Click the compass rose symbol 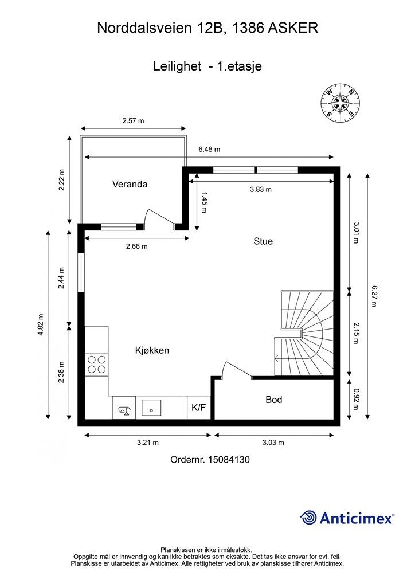point(340,102)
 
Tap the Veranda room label point(130,184)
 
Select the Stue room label point(263,241)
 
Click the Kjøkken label point(152,350)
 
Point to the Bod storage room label point(273,400)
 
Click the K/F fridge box point(199,408)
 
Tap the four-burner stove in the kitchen point(96,365)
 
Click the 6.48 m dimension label point(209,150)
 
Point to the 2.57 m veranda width point(133,121)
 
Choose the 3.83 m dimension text point(261,189)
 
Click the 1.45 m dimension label point(204,202)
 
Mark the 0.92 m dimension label point(356,399)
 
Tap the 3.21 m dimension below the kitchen point(148,443)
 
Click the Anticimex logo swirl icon point(308,518)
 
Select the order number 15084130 point(229,459)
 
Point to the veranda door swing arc point(146,216)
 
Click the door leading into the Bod point(237,369)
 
